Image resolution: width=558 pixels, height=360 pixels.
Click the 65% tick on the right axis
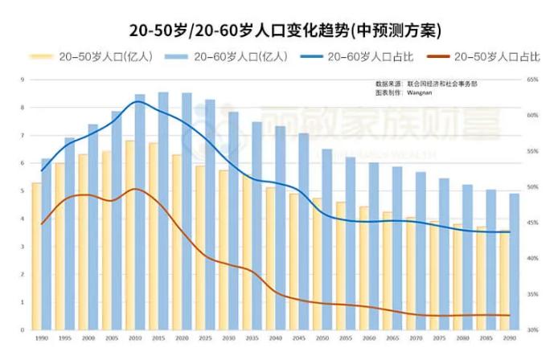pyautogui.click(x=531, y=80)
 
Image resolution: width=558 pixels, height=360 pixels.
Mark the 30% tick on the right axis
pyautogui.click(x=531, y=329)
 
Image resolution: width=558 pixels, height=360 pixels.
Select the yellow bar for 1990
pyautogui.click(x=36, y=256)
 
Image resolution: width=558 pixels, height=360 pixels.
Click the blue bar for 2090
pyautogui.click(x=514, y=261)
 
